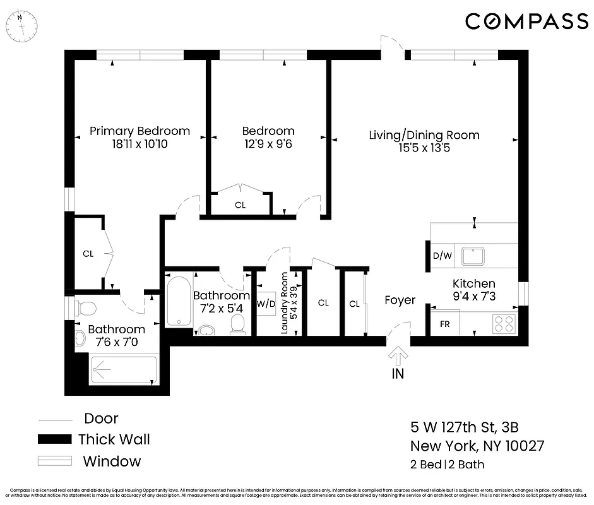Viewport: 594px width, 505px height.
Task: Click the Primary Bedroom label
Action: pos(140,131)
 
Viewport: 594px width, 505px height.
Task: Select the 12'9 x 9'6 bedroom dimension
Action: pos(268,144)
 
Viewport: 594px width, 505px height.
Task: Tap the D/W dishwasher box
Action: pos(442,256)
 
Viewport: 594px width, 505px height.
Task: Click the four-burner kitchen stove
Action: pos(504,323)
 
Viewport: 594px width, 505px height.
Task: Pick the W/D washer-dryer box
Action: pos(266,304)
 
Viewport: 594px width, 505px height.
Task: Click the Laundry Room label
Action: pos(285,303)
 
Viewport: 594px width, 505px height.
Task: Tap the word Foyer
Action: pos(400,300)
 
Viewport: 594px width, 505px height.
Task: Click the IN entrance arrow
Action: pos(398,357)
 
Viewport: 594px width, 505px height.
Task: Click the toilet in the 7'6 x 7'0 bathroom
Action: pos(85,308)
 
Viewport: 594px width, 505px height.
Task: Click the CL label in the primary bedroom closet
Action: pos(88,254)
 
